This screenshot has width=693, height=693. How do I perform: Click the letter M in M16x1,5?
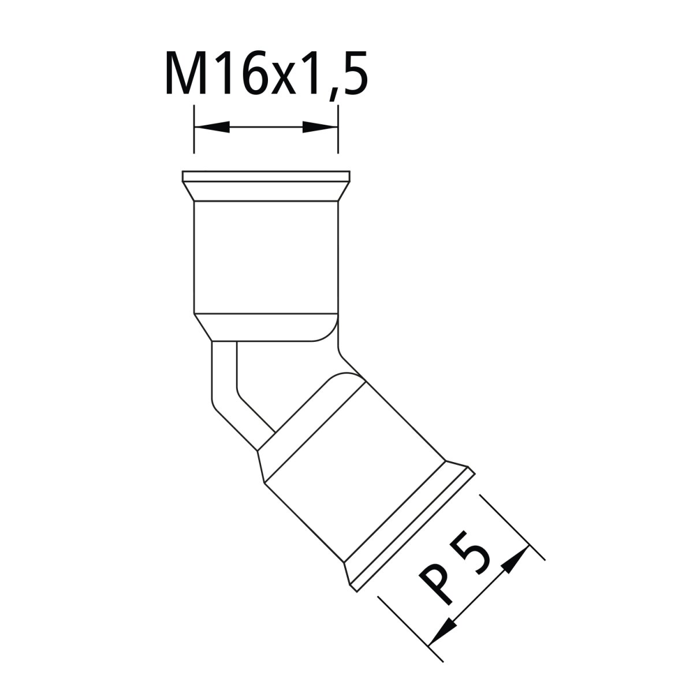[x=185, y=73]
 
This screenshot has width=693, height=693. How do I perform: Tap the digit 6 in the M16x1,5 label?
[x=255, y=73]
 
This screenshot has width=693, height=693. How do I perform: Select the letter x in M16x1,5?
[x=282, y=79]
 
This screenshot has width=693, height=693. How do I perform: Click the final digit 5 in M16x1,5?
[x=354, y=73]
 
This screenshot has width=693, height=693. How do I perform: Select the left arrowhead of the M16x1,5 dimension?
[x=212, y=127]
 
